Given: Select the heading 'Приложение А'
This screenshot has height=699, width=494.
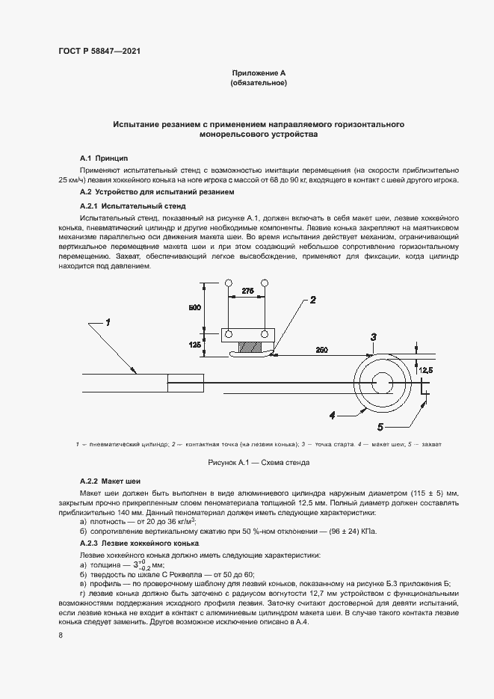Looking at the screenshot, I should pyautogui.click(x=258, y=73).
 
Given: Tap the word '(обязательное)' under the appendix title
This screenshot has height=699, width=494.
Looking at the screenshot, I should pyautogui.click(x=258, y=84).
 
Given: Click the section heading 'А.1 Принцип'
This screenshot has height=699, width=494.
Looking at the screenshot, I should pyautogui.click(x=104, y=158).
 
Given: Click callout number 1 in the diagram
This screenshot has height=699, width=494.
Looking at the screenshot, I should pyautogui.click(x=108, y=322).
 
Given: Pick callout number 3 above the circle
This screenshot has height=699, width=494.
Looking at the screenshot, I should pyautogui.click(x=374, y=337).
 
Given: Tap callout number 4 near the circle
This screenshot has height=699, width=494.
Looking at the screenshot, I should pyautogui.click(x=330, y=413).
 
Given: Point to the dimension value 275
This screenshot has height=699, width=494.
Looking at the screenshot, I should pyautogui.click(x=247, y=290).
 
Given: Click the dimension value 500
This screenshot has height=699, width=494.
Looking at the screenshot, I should pyautogui.click(x=194, y=307).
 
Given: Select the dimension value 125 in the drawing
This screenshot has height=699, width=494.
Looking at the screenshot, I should pyautogui.click(x=194, y=345).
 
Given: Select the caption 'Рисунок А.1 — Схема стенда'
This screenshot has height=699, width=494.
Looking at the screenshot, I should pyautogui.click(x=258, y=463).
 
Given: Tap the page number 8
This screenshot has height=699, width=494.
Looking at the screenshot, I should pyautogui.click(x=60, y=635).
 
